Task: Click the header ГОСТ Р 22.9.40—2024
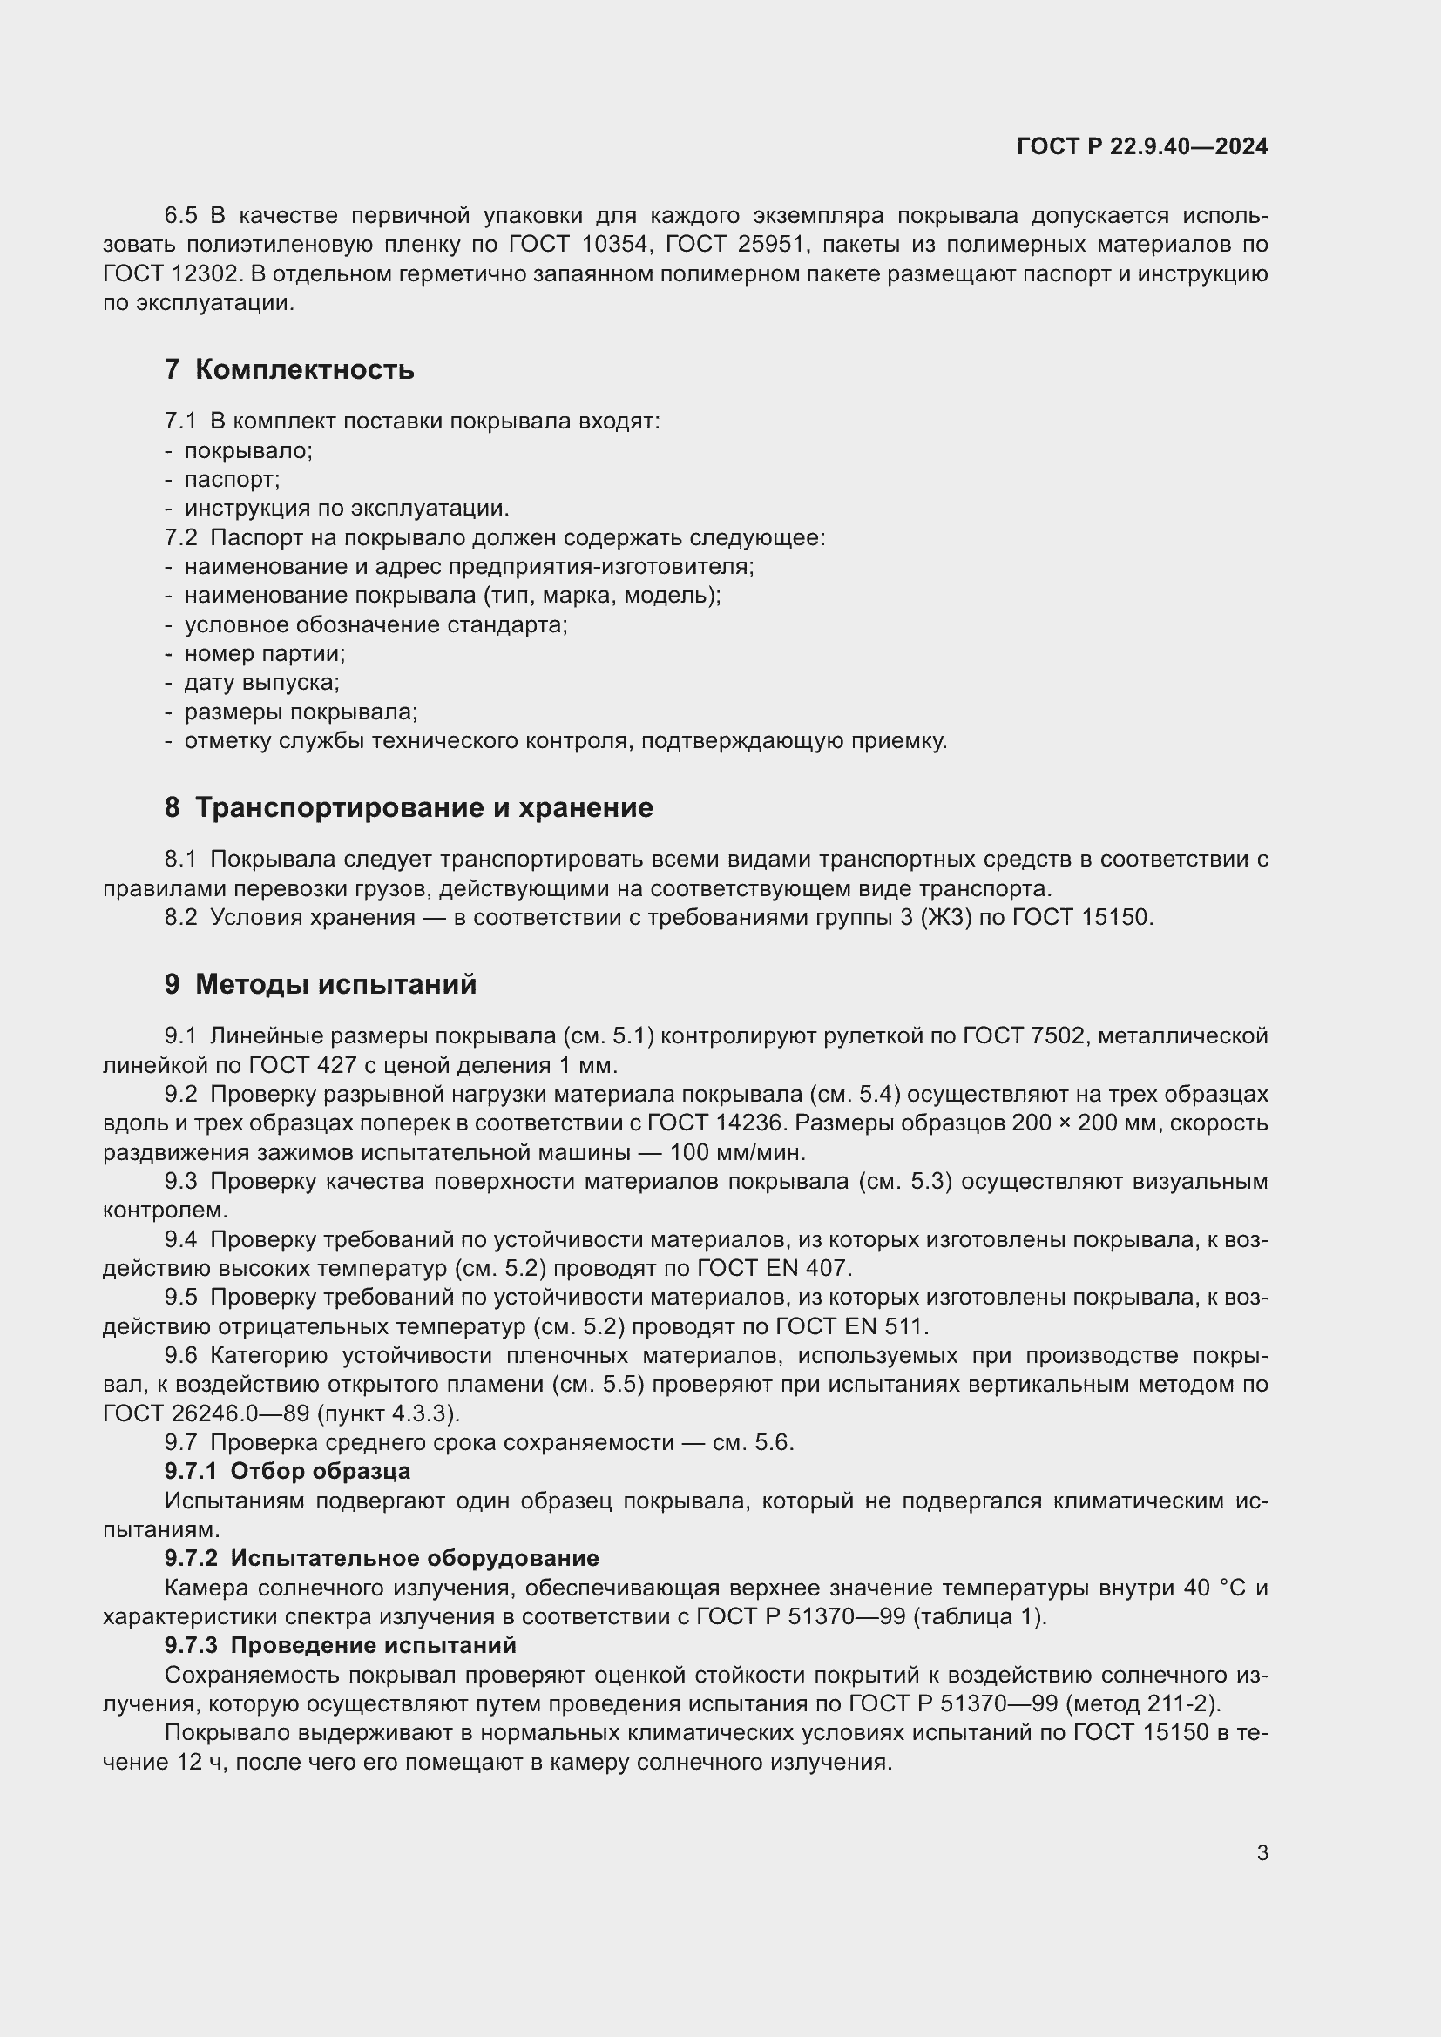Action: click(x=1142, y=146)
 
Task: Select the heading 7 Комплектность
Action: click(x=289, y=369)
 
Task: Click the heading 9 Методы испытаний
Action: click(x=321, y=984)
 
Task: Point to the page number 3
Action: click(x=1262, y=1852)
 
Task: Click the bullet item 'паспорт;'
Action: click(x=232, y=480)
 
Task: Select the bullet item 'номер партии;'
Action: click(x=265, y=654)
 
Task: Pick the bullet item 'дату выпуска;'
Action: click(x=261, y=683)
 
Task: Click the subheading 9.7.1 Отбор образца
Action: click(x=288, y=1471)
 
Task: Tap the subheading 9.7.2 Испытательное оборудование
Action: click(x=382, y=1558)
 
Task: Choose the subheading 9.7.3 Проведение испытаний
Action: click(x=340, y=1645)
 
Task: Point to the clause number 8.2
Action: click(x=181, y=917)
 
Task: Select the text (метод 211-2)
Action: click(x=1143, y=1703)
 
